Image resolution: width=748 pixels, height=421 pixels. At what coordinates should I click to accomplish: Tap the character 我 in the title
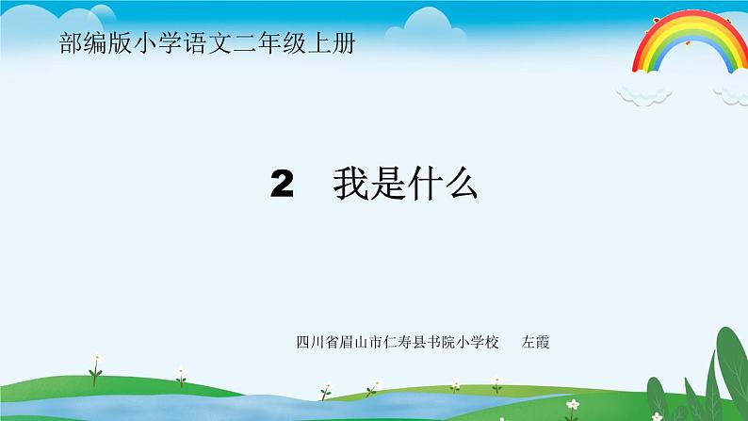[350, 186]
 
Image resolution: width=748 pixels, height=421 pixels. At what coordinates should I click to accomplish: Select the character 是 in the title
[387, 186]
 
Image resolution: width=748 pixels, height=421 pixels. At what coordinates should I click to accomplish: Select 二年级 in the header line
[269, 44]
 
